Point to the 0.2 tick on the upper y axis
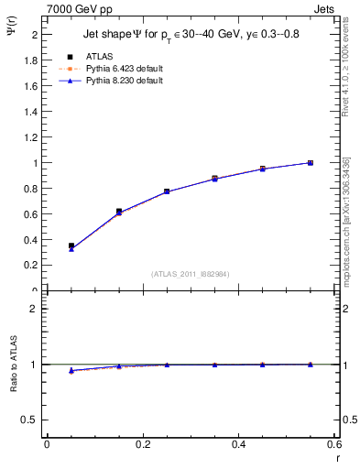coord(31,266)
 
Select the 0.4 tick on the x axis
coord(237,444)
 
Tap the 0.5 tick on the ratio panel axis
coord(31,420)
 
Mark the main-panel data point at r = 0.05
coord(71,246)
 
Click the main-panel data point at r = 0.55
coord(310,163)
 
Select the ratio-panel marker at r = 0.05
coord(71,370)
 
